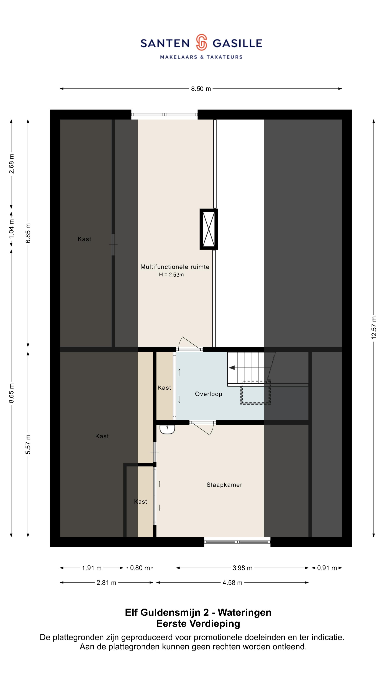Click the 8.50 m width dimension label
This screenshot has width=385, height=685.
pyautogui.click(x=201, y=89)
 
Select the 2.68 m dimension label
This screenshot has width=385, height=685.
pyautogui.click(x=11, y=164)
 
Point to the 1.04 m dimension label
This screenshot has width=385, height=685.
pyautogui.click(x=11, y=229)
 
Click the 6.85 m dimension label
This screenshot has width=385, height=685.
pyautogui.click(x=28, y=233)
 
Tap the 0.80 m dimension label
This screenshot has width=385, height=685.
pyautogui.click(x=140, y=568)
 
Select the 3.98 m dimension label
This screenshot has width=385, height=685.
pyautogui.click(x=242, y=568)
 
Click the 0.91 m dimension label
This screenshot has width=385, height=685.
pyautogui.click(x=327, y=568)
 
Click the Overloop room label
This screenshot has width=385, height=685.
pyautogui.click(x=209, y=394)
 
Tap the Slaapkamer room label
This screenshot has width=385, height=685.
pyautogui.click(x=224, y=485)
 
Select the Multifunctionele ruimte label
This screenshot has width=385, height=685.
pyautogui.click(x=175, y=267)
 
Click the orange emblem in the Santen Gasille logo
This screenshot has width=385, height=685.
pyautogui.click(x=201, y=42)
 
